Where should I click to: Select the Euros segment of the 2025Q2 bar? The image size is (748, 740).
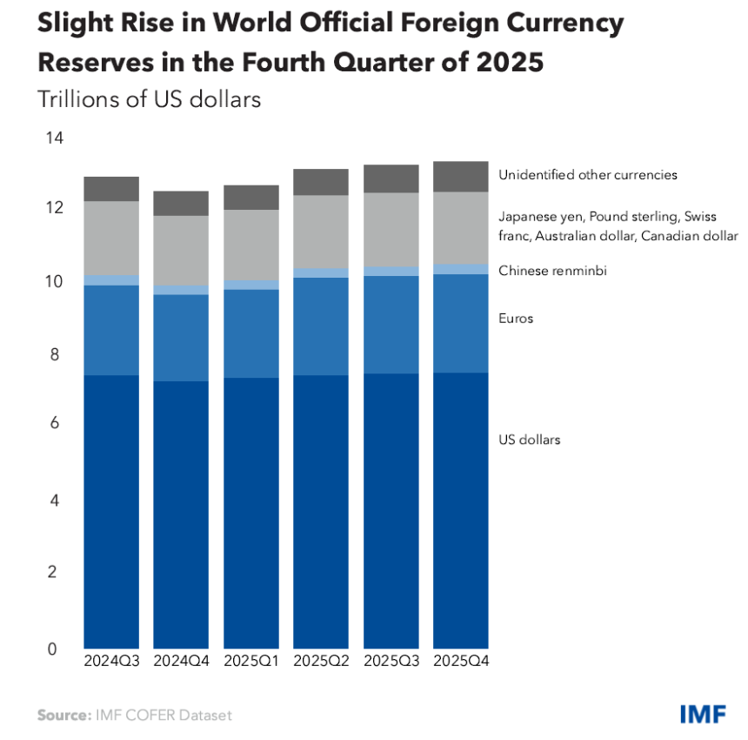click(x=321, y=326)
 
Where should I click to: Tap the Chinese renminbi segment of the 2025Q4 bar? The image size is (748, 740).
click(x=460, y=269)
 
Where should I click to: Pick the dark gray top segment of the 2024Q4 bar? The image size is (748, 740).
click(x=181, y=203)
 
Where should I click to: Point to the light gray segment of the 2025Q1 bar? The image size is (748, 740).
click(x=251, y=245)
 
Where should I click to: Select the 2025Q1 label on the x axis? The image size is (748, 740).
click(x=251, y=662)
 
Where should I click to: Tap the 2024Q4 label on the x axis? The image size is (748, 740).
click(x=181, y=662)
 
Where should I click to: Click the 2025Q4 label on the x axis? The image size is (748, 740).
click(x=460, y=662)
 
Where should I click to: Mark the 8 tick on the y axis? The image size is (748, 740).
click(x=54, y=355)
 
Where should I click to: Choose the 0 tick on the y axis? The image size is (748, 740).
click(x=54, y=649)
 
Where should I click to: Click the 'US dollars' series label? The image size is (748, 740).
click(x=529, y=440)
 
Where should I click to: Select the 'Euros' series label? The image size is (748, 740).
click(x=516, y=319)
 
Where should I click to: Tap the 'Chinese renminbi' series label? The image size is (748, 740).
click(x=552, y=271)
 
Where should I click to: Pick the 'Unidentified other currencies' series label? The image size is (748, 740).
click(x=587, y=175)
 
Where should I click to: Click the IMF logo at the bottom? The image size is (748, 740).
click(x=705, y=715)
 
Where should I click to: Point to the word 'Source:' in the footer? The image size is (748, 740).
click(x=62, y=716)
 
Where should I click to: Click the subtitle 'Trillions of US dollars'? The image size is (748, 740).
click(x=149, y=99)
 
